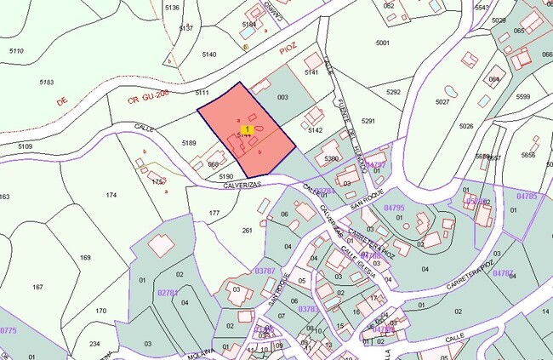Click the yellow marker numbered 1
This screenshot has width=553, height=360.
247,129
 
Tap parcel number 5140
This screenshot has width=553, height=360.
209,54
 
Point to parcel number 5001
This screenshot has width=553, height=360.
382,43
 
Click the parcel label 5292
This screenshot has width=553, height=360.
393,92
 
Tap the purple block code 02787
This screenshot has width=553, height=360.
168,293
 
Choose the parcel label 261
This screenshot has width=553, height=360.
248,230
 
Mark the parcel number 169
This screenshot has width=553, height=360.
85,257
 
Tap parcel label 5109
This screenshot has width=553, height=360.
26,146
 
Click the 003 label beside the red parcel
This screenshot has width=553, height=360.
282,98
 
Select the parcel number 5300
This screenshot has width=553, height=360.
332,158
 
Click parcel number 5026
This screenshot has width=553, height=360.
465,127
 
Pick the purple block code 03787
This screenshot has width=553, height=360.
266,271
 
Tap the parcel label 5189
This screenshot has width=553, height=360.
189,143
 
